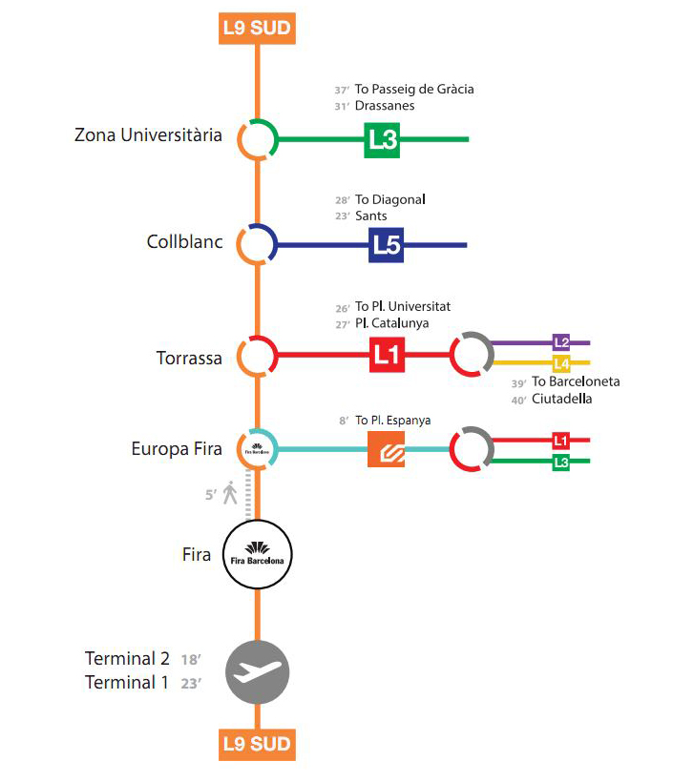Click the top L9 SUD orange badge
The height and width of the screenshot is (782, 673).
(x=256, y=28)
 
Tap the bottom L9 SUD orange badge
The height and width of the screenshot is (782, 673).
(x=256, y=743)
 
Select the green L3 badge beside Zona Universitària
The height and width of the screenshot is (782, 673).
(x=382, y=139)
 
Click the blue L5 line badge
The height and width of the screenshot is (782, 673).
(x=387, y=245)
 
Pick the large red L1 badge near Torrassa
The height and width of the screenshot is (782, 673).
(x=387, y=357)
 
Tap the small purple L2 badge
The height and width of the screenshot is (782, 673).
(x=561, y=341)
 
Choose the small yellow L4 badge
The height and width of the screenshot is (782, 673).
(x=561, y=362)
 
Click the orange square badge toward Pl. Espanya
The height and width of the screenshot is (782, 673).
(x=387, y=449)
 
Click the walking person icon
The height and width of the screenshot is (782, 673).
(x=229, y=494)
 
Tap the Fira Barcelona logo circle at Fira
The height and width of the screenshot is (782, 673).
(x=257, y=553)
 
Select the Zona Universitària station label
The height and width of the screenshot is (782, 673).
(x=148, y=135)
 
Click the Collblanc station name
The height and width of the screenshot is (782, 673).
(x=184, y=242)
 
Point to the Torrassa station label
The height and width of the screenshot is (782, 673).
(x=189, y=359)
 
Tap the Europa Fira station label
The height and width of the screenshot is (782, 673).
(x=177, y=448)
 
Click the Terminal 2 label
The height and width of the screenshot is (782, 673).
(x=127, y=659)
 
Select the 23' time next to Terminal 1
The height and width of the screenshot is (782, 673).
(x=191, y=683)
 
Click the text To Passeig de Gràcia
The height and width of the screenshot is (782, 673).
(x=414, y=90)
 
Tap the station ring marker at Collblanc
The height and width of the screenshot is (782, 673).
(x=257, y=245)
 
